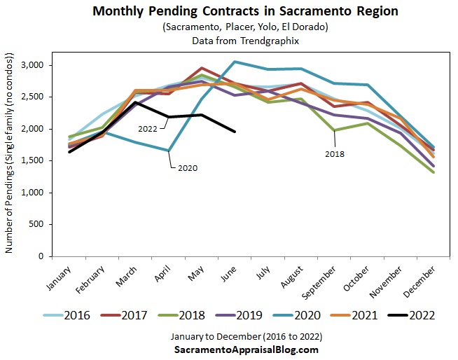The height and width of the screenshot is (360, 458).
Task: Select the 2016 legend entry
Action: pos(77,314)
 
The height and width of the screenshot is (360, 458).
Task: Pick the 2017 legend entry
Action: pos(134,314)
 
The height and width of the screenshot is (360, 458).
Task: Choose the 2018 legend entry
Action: pos(190,314)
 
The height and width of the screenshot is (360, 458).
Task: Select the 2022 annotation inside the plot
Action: pos(147,129)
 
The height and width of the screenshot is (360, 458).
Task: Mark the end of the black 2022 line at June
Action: pos(235,132)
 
